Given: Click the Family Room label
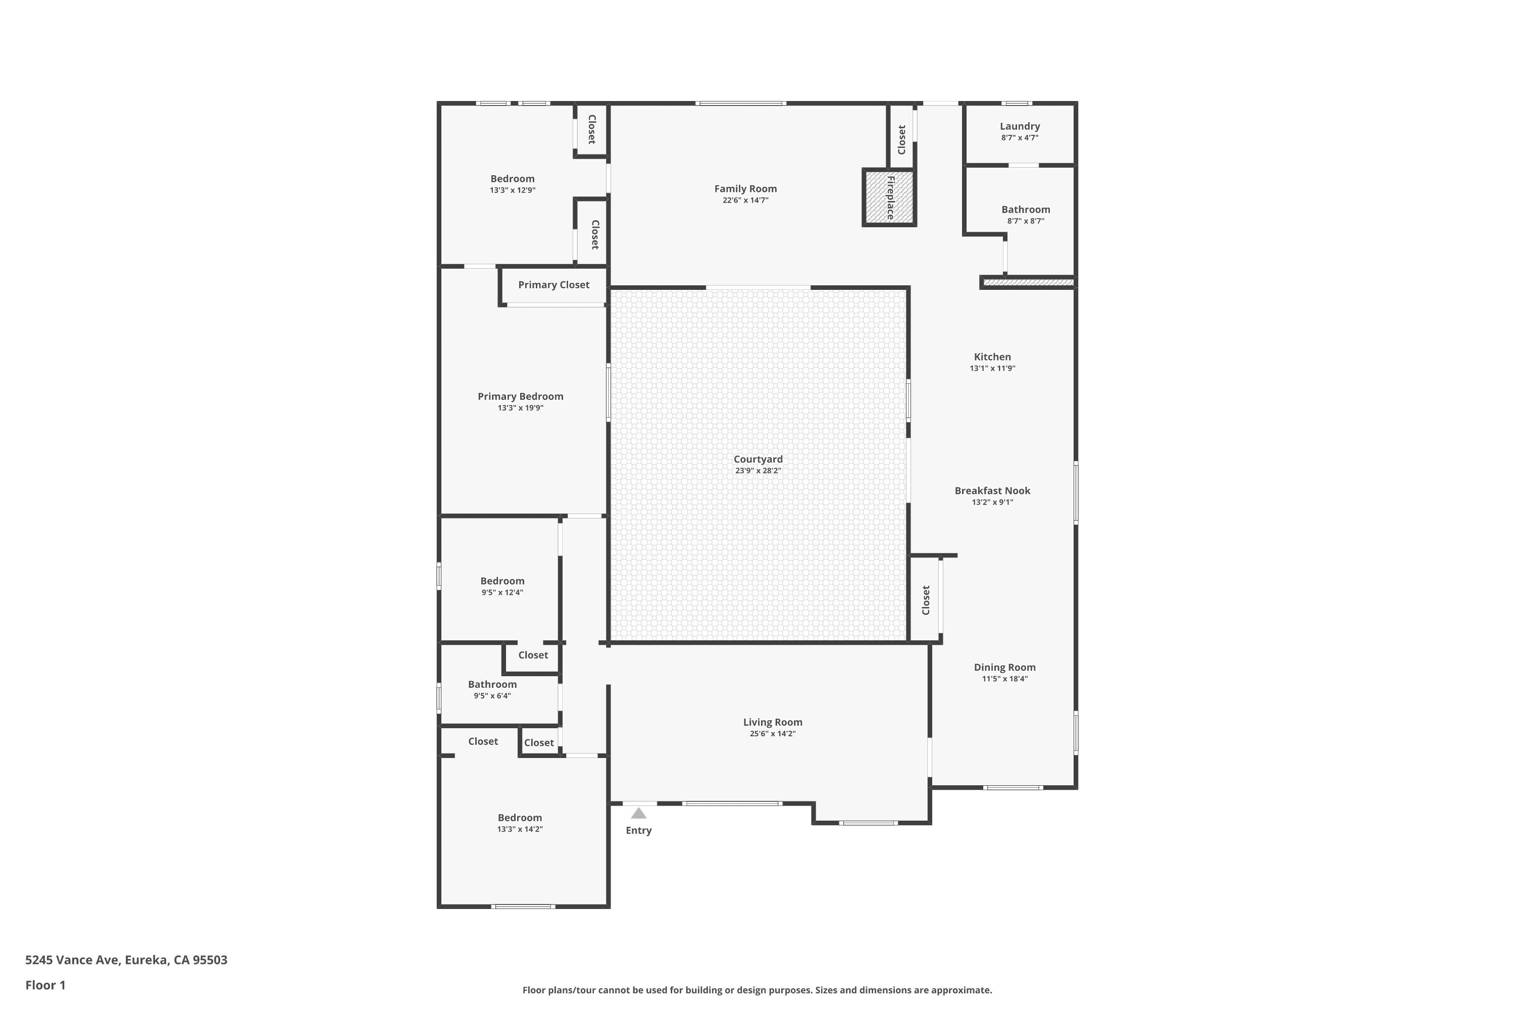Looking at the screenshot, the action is click(x=745, y=189).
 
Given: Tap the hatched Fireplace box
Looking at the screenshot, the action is click(x=889, y=197).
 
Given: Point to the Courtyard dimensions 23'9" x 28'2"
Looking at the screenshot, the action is click(x=758, y=471).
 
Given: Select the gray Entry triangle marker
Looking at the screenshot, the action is click(x=638, y=813).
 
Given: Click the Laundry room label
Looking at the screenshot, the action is click(x=1020, y=126).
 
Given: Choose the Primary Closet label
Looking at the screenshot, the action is click(x=554, y=285).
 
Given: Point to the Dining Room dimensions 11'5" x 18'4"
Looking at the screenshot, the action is click(x=1005, y=679).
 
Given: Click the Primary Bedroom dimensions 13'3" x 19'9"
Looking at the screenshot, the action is click(x=521, y=408).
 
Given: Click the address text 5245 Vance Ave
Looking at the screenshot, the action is click(x=72, y=960).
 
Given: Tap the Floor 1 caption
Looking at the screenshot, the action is click(x=46, y=985).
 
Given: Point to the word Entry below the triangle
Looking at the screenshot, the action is click(x=639, y=830).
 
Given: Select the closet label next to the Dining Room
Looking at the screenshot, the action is click(x=926, y=600).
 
